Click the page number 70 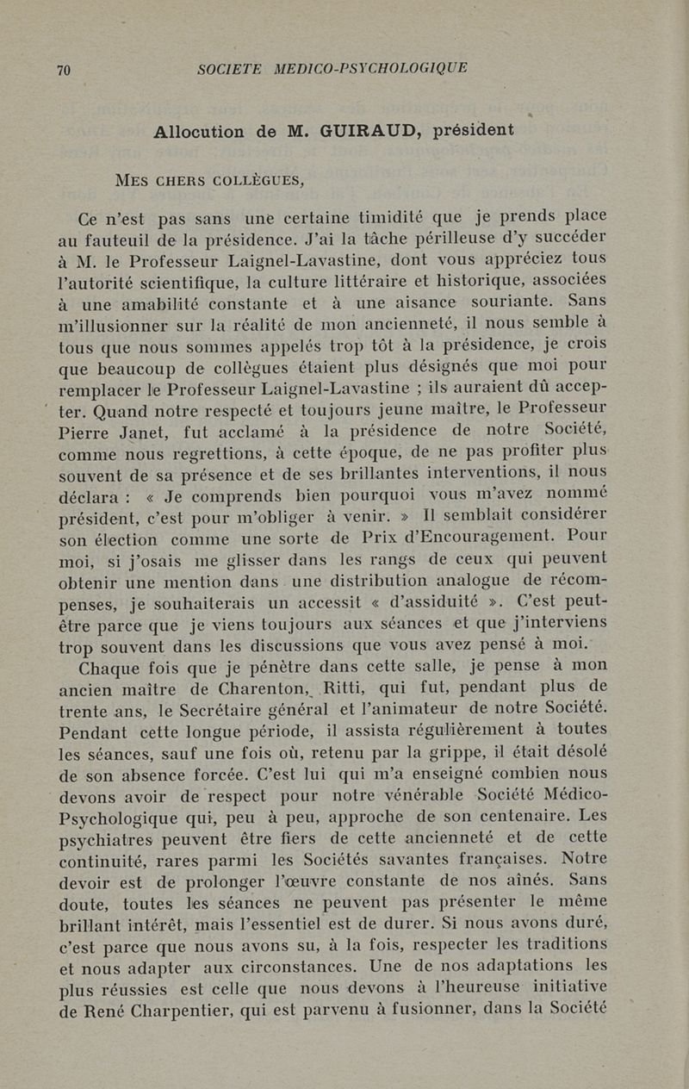[64, 71]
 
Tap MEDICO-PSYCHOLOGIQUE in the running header [370, 68]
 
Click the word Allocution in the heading [197, 133]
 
